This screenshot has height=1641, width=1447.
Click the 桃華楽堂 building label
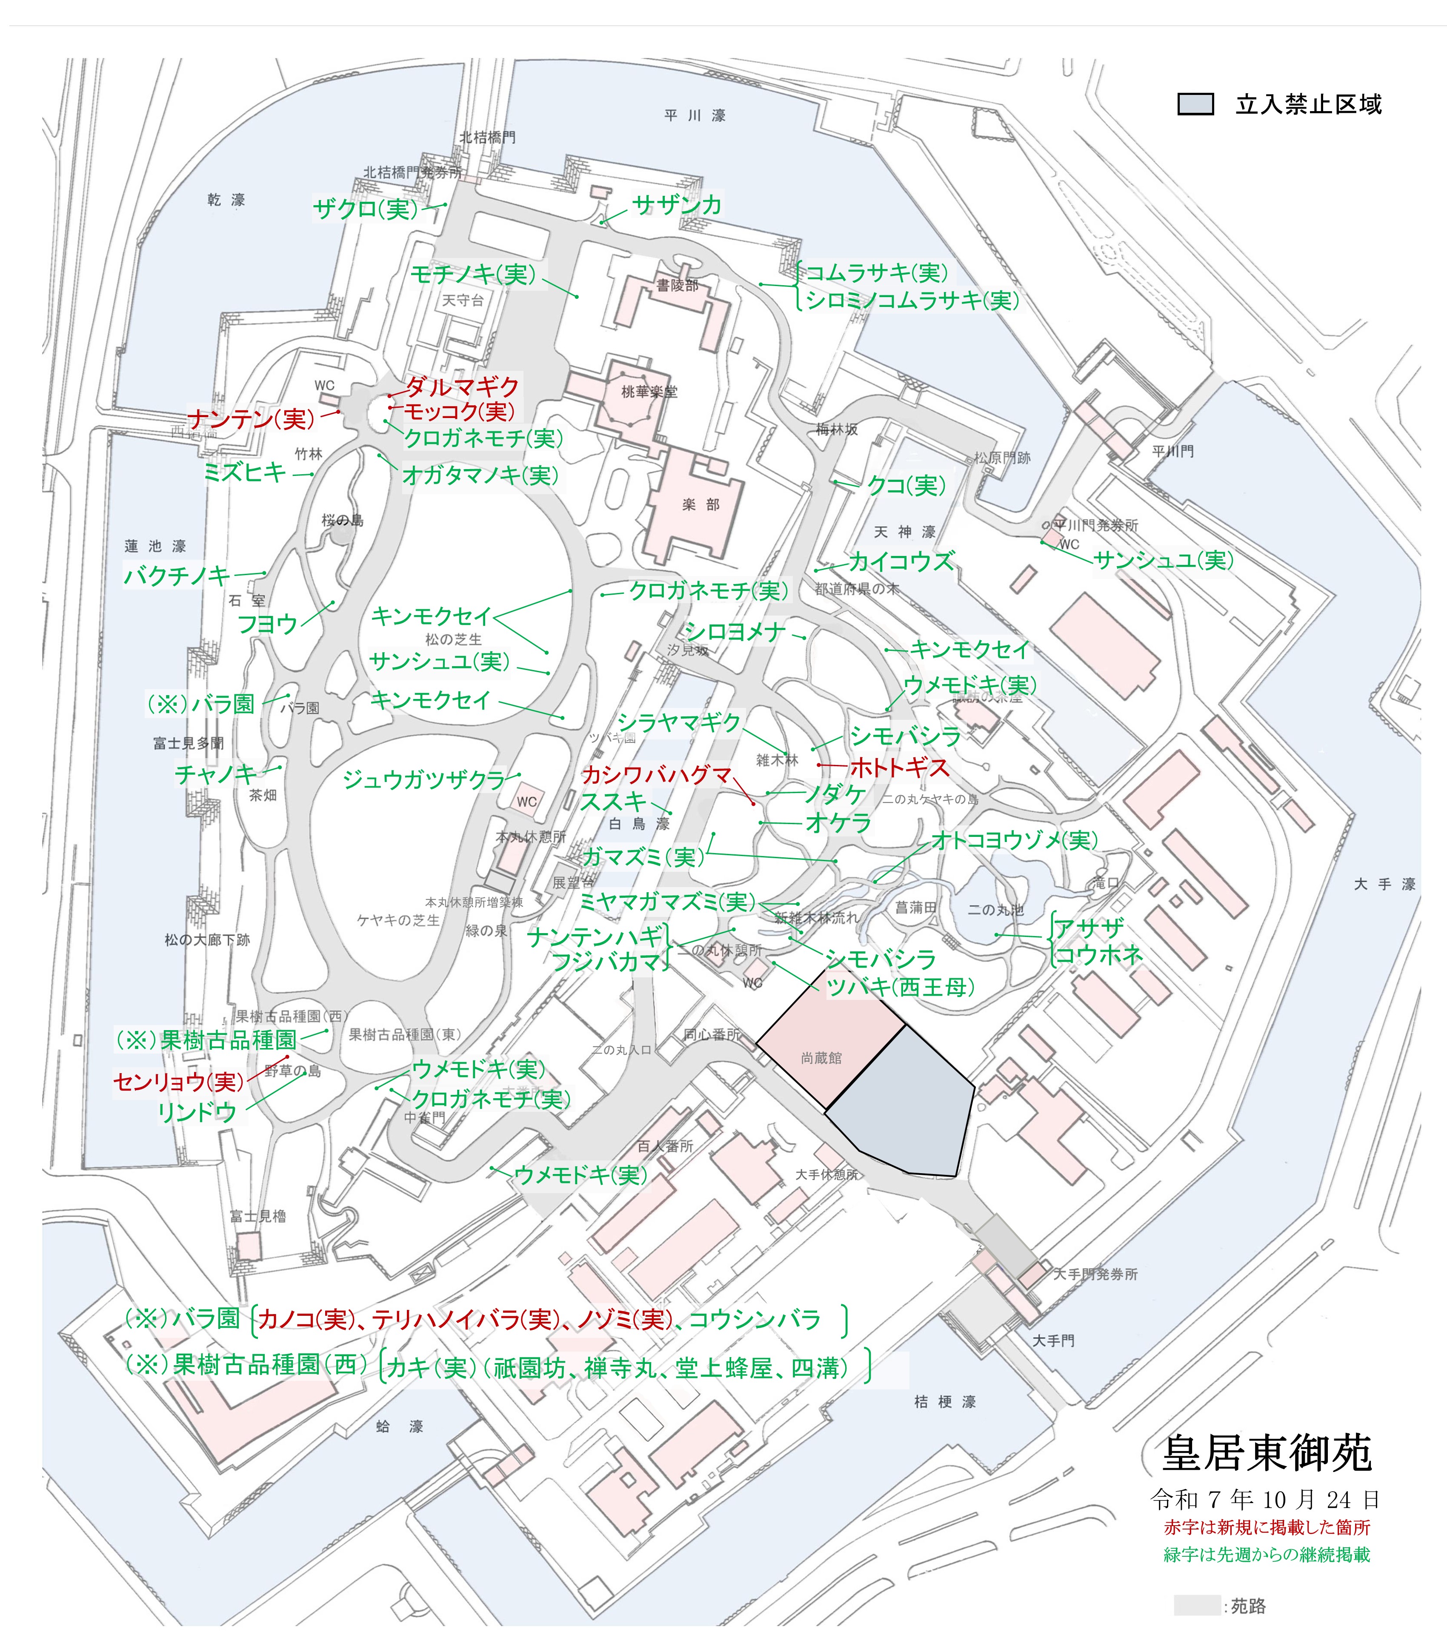[x=649, y=392]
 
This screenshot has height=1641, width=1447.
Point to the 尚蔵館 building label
[x=821, y=1058]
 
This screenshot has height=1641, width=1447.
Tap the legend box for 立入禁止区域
[x=1195, y=104]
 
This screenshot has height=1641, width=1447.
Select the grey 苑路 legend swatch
[x=1196, y=1606]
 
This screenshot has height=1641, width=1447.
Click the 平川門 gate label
[x=1172, y=452]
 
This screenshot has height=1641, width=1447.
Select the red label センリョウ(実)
[x=178, y=1082]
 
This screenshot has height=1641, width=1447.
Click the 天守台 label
[x=463, y=300]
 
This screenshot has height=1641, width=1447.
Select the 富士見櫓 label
[x=257, y=1216]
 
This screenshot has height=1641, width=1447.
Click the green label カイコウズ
[x=901, y=561]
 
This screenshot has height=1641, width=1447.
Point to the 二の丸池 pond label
[x=995, y=910]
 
